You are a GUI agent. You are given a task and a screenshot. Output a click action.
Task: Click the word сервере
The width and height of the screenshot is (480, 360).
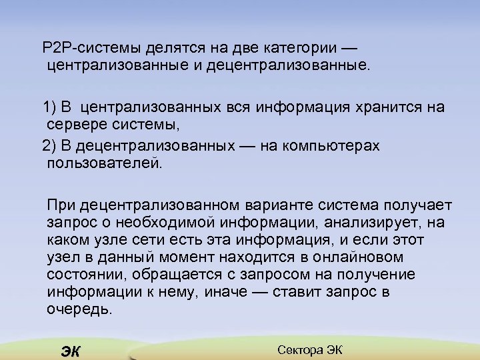[77, 125]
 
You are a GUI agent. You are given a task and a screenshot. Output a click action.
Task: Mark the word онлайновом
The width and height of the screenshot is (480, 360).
[365, 257]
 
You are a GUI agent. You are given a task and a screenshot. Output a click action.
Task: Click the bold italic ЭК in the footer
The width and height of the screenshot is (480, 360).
[69, 351]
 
